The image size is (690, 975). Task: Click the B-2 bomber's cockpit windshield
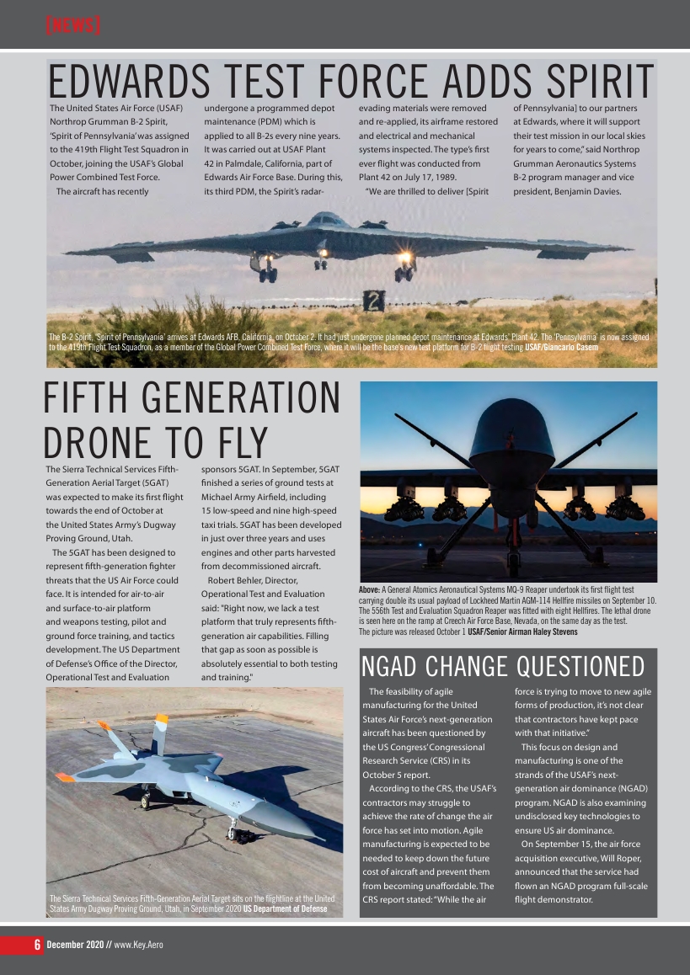327,221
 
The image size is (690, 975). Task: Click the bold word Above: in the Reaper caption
370,590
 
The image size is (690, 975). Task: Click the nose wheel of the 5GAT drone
232,834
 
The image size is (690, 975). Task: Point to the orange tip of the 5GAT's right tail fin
160,719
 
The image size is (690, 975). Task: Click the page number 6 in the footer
37,944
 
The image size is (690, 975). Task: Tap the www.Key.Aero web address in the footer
138,945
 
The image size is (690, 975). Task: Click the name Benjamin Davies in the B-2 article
582,191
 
